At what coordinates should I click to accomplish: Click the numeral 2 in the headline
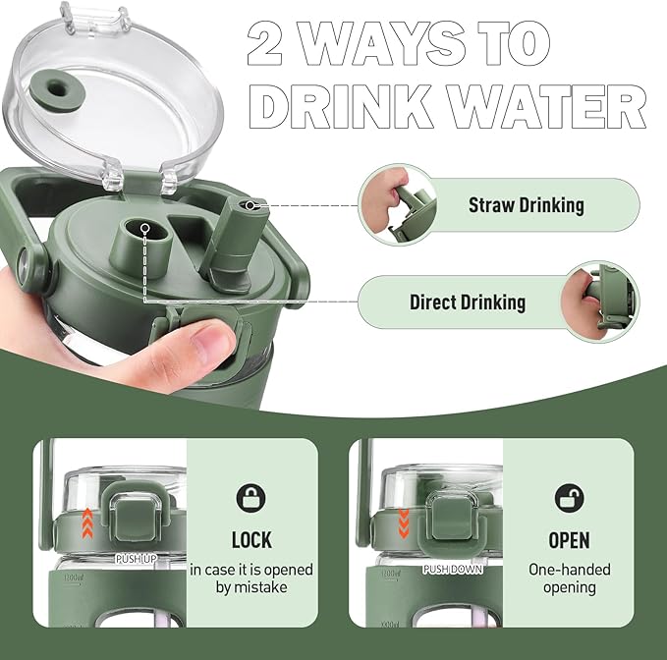coord(264,43)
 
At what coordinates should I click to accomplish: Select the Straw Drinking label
coord(527,205)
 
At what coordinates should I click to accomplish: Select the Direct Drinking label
coord(468,302)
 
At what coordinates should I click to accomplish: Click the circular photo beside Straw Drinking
coord(398,205)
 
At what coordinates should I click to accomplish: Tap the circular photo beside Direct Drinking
coord(600,302)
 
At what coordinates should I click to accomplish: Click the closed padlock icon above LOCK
coord(250,498)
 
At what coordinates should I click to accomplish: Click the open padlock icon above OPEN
coord(569,498)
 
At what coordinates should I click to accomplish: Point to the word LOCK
coord(251,539)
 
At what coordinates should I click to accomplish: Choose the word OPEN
coord(569,539)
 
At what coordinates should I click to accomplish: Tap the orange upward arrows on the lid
coord(87,523)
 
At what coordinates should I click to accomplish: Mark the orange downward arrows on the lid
coord(404,523)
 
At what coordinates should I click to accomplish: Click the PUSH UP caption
coord(137,559)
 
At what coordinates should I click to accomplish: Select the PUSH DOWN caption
coord(453,569)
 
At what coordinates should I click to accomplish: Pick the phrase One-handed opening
coord(569,577)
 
